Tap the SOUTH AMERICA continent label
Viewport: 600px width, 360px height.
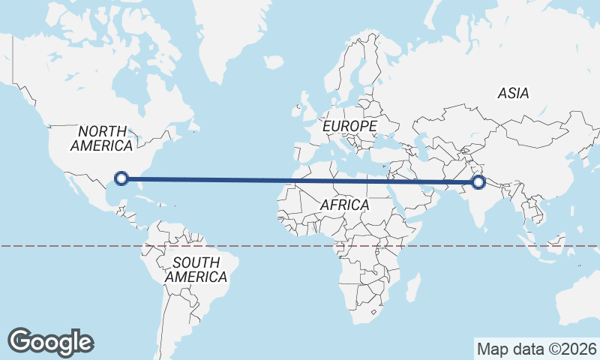(196, 270)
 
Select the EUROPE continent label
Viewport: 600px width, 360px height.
(349, 127)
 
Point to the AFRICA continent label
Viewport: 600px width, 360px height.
(344, 205)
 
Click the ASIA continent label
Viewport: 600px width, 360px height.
(514, 94)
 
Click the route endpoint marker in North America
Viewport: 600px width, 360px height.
(122, 178)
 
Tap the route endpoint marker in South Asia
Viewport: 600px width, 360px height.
(478, 181)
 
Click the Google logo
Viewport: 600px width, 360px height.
(51, 341)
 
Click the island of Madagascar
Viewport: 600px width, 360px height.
(412, 287)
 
